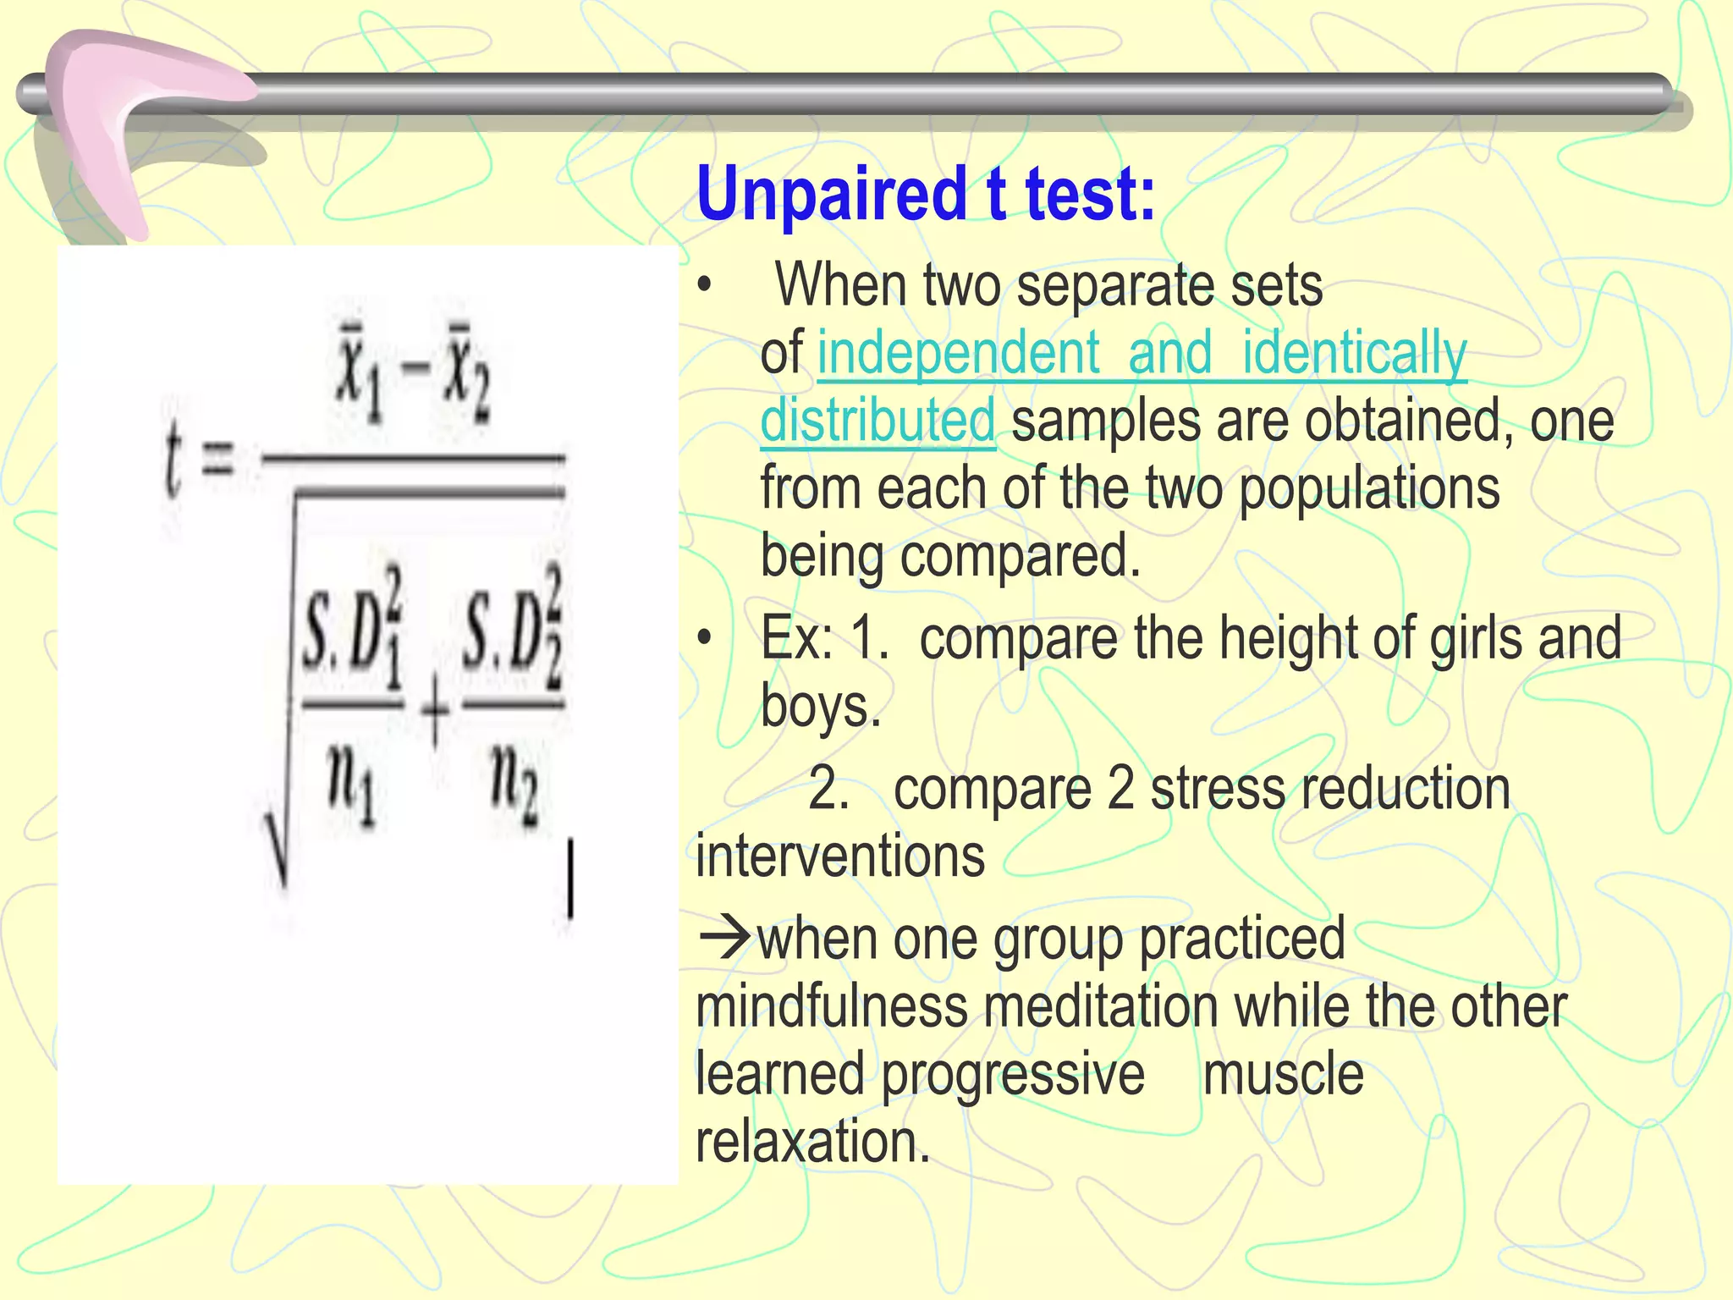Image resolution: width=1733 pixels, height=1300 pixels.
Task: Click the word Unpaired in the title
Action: [x=831, y=195]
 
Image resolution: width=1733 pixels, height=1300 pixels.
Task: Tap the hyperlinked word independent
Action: [x=958, y=354]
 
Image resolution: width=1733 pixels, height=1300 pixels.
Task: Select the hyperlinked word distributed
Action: [x=878, y=421]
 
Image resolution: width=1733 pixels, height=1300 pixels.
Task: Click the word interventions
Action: [x=840, y=856]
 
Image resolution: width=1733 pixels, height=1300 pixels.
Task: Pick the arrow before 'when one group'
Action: [x=723, y=938]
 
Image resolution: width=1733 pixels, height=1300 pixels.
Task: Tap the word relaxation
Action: [x=812, y=1142]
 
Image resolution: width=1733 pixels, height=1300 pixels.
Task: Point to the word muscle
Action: [x=1283, y=1074]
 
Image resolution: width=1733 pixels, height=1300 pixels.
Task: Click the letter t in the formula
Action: [x=173, y=461]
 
